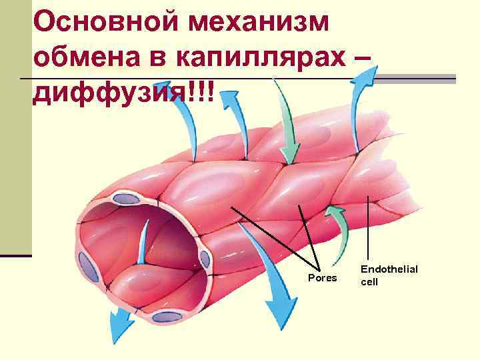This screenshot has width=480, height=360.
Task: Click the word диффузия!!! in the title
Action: [x=124, y=94]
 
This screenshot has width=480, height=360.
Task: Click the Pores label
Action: [x=323, y=277]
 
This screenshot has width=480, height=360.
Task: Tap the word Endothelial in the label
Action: [x=389, y=269]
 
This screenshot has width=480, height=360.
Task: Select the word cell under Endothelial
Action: [x=370, y=282]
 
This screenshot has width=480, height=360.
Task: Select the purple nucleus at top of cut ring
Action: [x=124, y=198]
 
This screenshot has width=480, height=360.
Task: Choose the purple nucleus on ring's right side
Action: [x=203, y=259]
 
